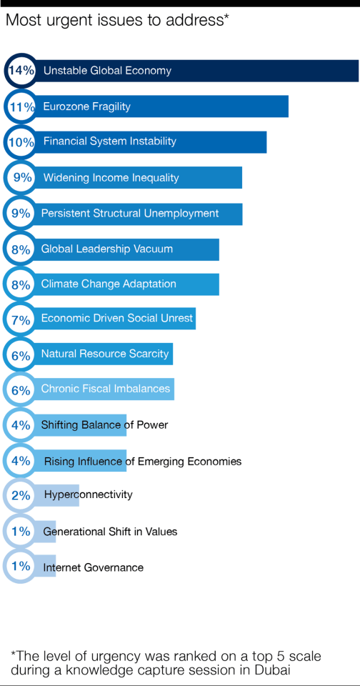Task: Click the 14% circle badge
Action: (x=21, y=71)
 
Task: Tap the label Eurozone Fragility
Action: (x=86, y=106)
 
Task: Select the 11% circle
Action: (x=21, y=106)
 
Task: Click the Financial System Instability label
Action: (x=109, y=141)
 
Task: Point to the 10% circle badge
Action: (x=21, y=142)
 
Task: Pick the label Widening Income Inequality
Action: (x=111, y=177)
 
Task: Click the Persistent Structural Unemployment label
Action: (x=129, y=213)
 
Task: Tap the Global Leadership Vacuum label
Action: (x=106, y=249)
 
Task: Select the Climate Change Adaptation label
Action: (x=108, y=284)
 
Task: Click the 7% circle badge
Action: (x=21, y=319)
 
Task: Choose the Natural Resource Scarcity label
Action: (x=104, y=354)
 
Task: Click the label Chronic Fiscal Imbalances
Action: (x=105, y=389)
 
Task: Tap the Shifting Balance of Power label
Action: (x=104, y=424)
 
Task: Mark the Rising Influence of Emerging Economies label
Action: (x=142, y=462)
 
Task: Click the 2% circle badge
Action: (x=21, y=495)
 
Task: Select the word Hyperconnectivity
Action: (x=88, y=494)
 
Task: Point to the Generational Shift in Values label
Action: (x=110, y=532)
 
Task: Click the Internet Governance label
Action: (x=93, y=567)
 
